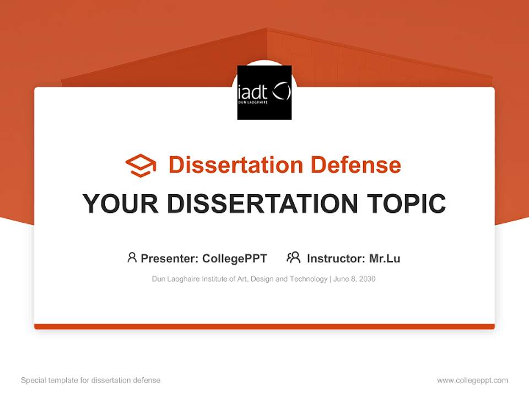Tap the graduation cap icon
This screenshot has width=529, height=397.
(141, 165)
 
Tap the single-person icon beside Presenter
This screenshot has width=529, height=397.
(132, 257)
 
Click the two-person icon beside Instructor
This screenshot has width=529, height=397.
(293, 257)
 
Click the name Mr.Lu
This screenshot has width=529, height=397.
(385, 258)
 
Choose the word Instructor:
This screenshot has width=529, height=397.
(336, 258)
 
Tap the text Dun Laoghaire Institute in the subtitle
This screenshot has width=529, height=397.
(189, 279)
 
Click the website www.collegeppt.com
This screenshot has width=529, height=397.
(472, 380)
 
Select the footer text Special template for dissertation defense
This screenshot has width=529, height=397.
(91, 380)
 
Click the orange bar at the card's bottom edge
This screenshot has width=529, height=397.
(264, 326)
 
